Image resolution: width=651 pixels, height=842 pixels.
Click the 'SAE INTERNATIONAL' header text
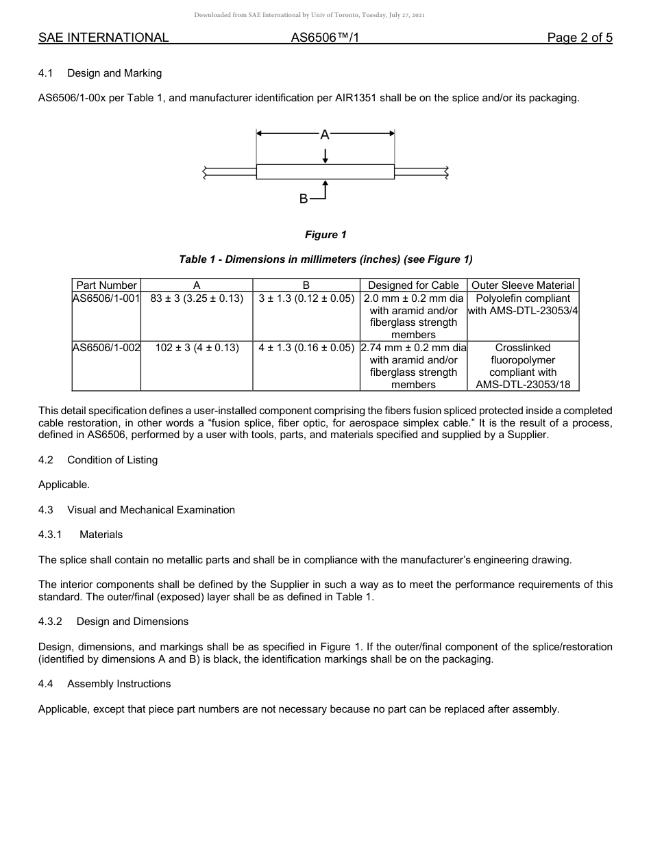(x=103, y=38)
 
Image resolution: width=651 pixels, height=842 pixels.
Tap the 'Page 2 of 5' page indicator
(x=579, y=38)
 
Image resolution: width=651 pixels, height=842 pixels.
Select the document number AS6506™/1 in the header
(x=325, y=38)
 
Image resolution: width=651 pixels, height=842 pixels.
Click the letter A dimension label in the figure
(x=325, y=135)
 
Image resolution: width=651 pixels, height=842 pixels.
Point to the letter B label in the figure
(x=304, y=199)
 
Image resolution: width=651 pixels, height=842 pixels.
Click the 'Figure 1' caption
(x=325, y=235)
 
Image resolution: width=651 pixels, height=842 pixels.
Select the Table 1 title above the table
(x=325, y=259)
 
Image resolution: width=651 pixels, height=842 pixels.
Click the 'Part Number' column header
(x=107, y=285)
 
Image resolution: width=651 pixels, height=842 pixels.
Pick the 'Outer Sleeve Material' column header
(x=523, y=285)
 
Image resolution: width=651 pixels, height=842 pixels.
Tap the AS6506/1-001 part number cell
(x=107, y=298)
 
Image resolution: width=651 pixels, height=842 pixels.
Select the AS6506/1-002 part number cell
(x=107, y=348)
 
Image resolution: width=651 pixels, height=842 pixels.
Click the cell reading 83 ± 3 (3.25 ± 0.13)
(x=197, y=298)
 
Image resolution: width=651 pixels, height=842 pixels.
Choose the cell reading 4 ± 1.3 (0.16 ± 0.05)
(x=306, y=348)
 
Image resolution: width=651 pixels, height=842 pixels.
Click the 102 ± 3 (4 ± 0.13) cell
(x=197, y=348)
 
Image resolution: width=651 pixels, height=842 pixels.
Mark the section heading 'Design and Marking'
(x=114, y=73)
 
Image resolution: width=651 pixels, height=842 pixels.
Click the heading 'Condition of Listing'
(x=112, y=460)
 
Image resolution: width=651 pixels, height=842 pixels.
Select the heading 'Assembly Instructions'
(x=119, y=684)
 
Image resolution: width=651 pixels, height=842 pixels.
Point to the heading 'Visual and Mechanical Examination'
(x=151, y=510)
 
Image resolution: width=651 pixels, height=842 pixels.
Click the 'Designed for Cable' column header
(x=413, y=285)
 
